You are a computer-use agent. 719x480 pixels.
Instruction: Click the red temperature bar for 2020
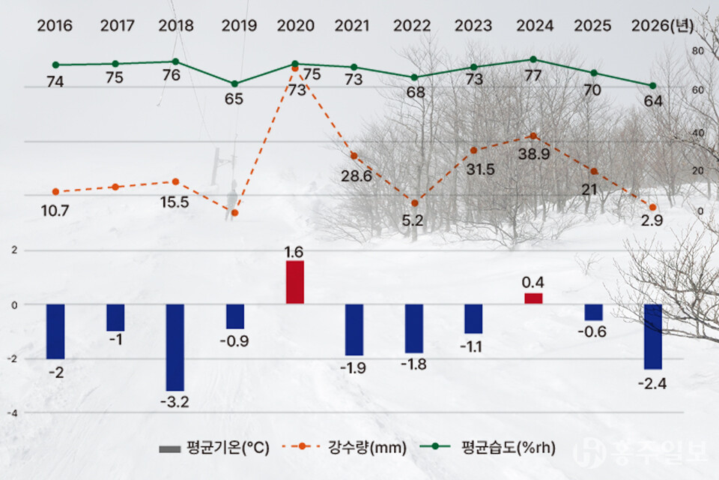pos(295,282)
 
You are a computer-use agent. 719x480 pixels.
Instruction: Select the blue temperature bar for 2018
pos(175,346)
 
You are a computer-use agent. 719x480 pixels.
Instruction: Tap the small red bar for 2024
pos(533,298)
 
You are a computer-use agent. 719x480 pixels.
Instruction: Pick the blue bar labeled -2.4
pos(653,336)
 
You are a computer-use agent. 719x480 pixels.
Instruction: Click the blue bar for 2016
pos(55,331)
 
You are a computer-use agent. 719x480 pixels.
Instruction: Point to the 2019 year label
pos(239,26)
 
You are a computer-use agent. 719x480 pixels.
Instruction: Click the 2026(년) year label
pos(662,26)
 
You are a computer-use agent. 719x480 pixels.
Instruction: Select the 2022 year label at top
pos(412,26)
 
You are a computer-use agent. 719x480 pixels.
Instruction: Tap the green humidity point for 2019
pos(234,83)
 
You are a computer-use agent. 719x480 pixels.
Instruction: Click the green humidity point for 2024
pos(533,59)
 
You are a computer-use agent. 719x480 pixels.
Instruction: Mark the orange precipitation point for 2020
pos(295,68)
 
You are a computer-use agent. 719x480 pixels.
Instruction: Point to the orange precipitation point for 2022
pos(414,202)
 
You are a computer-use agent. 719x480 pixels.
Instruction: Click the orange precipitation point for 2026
pos(653,207)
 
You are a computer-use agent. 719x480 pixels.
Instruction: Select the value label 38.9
pos(533,152)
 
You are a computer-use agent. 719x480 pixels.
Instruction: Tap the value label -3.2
pos(175,402)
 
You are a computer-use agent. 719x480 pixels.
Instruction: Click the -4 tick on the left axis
pos(13,412)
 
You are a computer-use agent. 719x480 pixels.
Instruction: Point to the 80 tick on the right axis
pos(697,51)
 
